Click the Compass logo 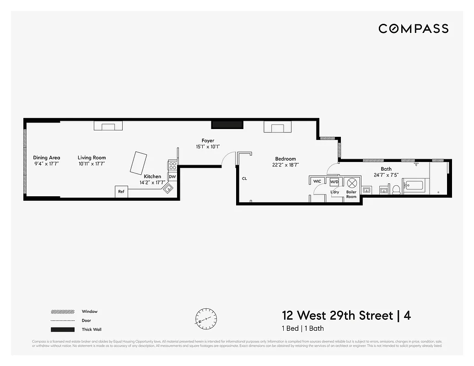click(x=413, y=29)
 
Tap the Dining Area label click(x=46, y=158)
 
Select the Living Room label click(x=92, y=158)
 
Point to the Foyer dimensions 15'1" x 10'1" click(x=208, y=147)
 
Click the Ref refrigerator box click(x=121, y=192)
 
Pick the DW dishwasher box click(x=172, y=177)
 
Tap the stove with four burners click(x=172, y=166)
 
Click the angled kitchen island click(x=138, y=163)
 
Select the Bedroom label click(x=285, y=159)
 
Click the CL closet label click(x=244, y=178)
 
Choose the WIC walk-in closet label click(x=317, y=182)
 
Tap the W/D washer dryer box click(x=334, y=182)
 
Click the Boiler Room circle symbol click(x=352, y=183)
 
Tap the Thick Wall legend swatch click(x=63, y=329)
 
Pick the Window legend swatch click(x=63, y=312)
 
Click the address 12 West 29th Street click(x=337, y=316)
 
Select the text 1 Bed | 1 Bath click(x=302, y=328)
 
